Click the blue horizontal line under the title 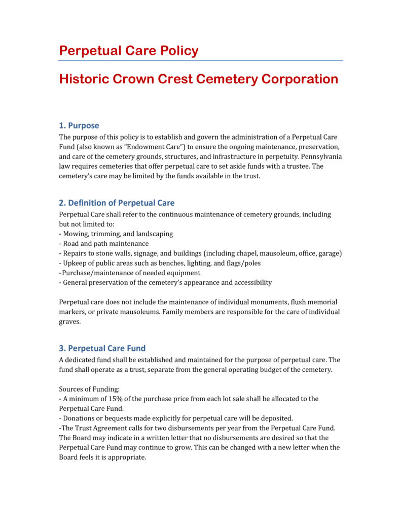pyautogui.click(x=200, y=61)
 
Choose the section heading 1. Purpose pyautogui.click(x=79, y=125)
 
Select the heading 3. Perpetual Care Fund pyautogui.click(x=102, y=348)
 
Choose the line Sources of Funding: pyautogui.click(x=89, y=389)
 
